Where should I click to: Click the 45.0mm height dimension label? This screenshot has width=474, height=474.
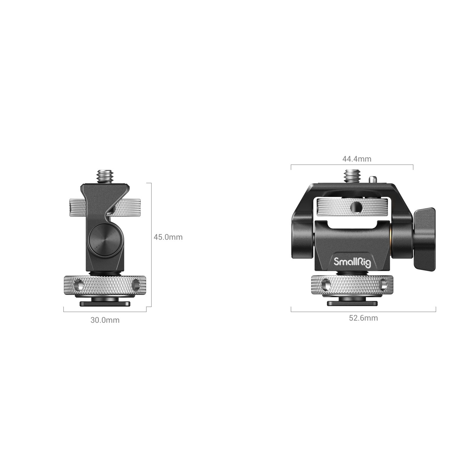pyautogui.click(x=168, y=237)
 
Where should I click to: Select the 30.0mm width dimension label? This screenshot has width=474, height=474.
pyautogui.click(x=105, y=320)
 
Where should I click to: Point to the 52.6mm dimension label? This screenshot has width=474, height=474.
pyautogui.click(x=363, y=318)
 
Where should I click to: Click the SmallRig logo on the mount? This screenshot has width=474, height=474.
pyautogui.click(x=352, y=262)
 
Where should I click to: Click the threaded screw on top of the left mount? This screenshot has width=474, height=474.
pyautogui.click(x=104, y=176)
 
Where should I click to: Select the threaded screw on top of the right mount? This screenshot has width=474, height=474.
pyautogui.click(x=352, y=176)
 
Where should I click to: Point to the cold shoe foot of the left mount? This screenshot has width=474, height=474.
pyautogui.click(x=105, y=303)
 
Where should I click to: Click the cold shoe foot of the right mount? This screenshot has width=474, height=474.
pyautogui.click(x=352, y=303)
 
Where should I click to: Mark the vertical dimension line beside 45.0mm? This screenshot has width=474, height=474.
pyautogui.click(x=151, y=246)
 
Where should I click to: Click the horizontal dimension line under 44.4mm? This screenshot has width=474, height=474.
pyautogui.click(x=352, y=165)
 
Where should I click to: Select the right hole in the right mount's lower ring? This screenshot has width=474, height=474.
pyautogui.click(x=383, y=285)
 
